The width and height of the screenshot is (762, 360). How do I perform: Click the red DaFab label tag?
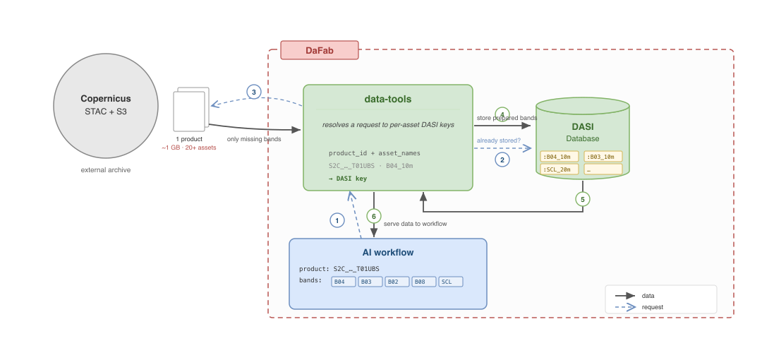pyautogui.click(x=320, y=50)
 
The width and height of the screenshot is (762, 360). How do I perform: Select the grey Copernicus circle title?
pyautogui.click(x=105, y=99)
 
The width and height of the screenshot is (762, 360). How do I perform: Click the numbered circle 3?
pyautogui.click(x=254, y=92)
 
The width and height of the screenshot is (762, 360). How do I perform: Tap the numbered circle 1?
pyautogui.click(x=337, y=220)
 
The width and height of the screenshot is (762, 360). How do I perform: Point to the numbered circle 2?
pyautogui.click(x=502, y=159)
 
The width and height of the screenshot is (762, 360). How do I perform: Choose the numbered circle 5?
pyautogui.click(x=583, y=199)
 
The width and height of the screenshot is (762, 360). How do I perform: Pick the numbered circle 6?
pyautogui.click(x=374, y=217)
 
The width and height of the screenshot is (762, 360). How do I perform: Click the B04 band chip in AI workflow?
pyautogui.click(x=344, y=282)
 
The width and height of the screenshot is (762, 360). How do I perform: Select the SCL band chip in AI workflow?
pyautogui.click(x=450, y=282)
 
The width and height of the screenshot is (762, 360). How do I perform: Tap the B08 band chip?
pyautogui.click(x=424, y=282)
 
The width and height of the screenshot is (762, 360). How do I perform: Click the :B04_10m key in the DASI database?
pyautogui.click(x=560, y=157)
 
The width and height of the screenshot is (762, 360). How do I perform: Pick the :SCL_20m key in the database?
pyautogui.click(x=560, y=169)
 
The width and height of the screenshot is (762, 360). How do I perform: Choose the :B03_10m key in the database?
pyautogui.click(x=603, y=157)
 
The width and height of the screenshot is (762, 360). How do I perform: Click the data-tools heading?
pyautogui.click(x=388, y=100)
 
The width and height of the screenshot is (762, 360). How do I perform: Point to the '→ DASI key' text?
pyautogui.click(x=347, y=179)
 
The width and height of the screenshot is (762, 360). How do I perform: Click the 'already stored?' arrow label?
pyautogui.click(x=498, y=140)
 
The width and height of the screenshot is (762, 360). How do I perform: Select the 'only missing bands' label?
pyautogui.click(x=254, y=139)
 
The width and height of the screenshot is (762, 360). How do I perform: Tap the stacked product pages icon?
pyautogui.click(x=191, y=109)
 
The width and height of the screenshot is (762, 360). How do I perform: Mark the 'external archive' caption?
pyautogui.click(x=105, y=170)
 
